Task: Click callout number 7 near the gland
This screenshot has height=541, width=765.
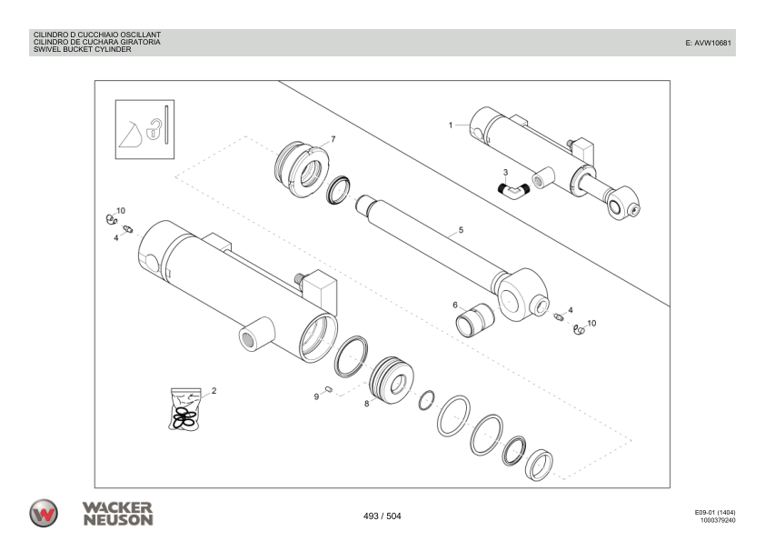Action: click(333, 139)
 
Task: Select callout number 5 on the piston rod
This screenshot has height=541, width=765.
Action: click(461, 230)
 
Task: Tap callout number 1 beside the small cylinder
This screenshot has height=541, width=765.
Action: click(451, 124)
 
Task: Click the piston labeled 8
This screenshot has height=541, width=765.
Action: click(393, 380)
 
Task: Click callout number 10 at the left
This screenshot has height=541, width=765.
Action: click(121, 210)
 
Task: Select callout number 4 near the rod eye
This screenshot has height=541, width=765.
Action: click(570, 310)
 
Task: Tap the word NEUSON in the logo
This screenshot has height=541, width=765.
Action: click(117, 520)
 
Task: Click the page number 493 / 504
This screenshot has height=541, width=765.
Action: click(382, 516)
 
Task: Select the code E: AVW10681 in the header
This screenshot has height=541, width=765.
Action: click(708, 43)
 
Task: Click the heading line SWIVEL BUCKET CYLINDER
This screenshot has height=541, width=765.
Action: click(83, 50)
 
